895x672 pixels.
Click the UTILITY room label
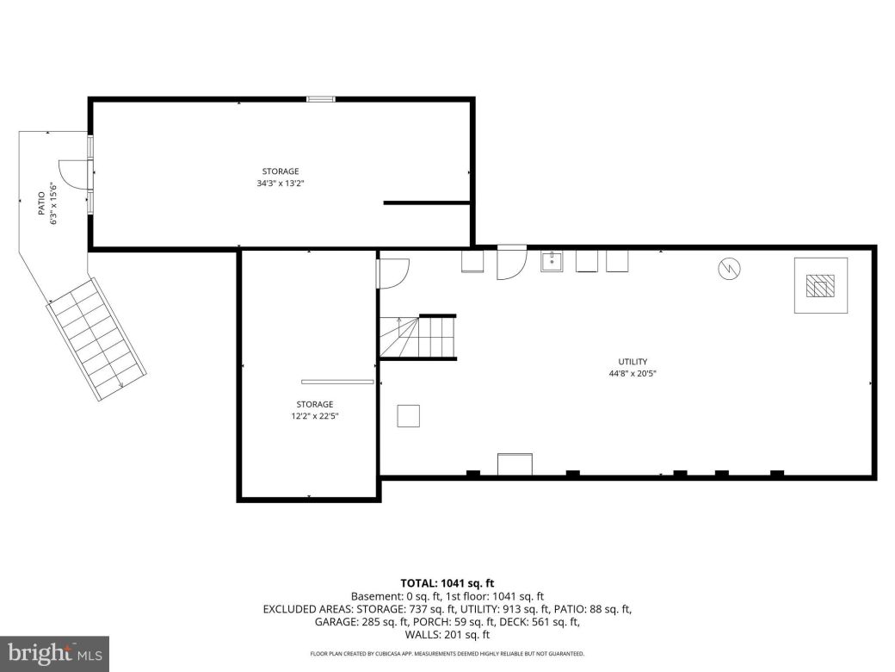click(x=633, y=362)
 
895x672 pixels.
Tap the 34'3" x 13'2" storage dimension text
click(x=281, y=184)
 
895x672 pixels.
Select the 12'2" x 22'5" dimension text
click(x=314, y=416)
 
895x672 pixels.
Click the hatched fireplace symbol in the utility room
click(x=820, y=285)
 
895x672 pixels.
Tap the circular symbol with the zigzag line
click(x=728, y=270)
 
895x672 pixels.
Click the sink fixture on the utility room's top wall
click(x=552, y=261)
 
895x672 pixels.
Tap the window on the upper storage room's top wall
click(x=321, y=100)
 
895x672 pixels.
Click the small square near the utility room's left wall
click(x=409, y=415)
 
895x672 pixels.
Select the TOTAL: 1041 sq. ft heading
click(x=447, y=583)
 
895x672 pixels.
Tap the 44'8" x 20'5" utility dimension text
click(x=633, y=374)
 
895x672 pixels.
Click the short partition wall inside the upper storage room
click(x=426, y=202)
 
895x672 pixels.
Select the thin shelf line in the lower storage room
click(x=337, y=382)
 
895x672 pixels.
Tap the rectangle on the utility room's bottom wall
click(x=515, y=464)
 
